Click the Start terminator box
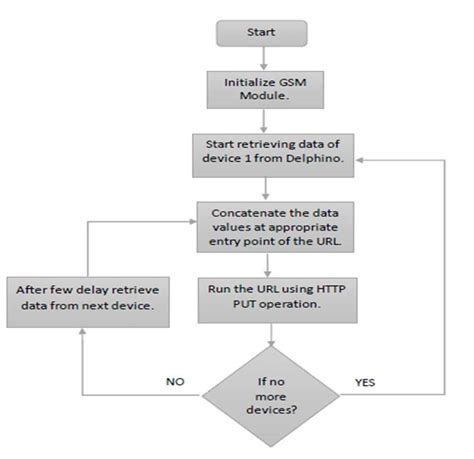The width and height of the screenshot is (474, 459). pyautogui.click(x=263, y=33)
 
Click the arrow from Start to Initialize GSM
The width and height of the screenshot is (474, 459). pyautogui.click(x=264, y=59)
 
